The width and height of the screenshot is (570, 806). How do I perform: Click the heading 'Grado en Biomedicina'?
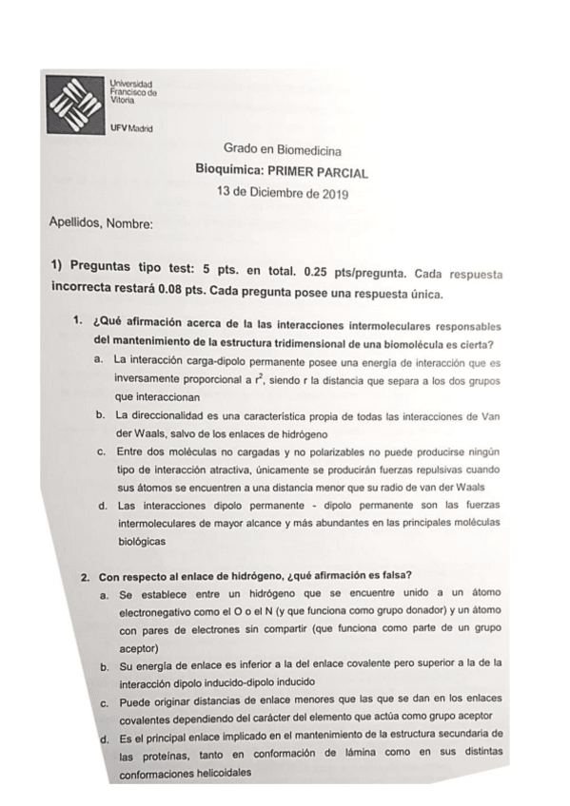[x=283, y=149]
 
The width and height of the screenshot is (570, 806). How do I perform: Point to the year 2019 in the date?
[x=333, y=194]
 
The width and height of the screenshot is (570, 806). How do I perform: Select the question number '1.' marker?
[x=80, y=320]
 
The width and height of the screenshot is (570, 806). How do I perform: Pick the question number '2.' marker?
[x=85, y=575]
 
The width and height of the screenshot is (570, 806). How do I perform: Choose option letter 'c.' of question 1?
[x=100, y=451]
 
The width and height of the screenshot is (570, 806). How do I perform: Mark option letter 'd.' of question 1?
[x=101, y=505]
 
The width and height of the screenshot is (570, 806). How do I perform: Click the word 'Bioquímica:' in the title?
[x=227, y=172]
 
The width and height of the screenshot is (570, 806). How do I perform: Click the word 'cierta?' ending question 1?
[x=484, y=341]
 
